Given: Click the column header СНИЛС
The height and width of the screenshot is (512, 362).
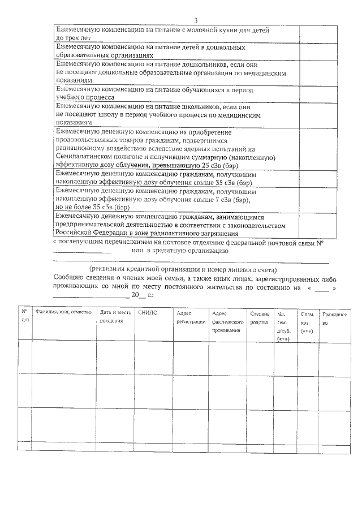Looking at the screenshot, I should pos(145,312).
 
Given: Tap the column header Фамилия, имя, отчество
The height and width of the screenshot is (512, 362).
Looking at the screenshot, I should pos(63,312).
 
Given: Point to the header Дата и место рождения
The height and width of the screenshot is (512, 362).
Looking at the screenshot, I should pos(115,317).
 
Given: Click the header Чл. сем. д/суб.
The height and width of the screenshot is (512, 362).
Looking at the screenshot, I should pos(283,325).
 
